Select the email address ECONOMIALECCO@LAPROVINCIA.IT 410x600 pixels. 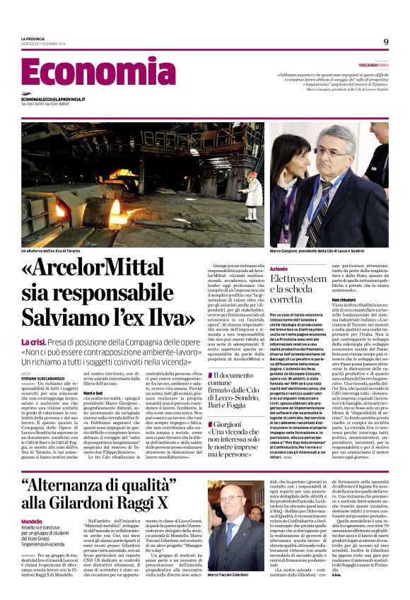[x=53, y=99]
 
